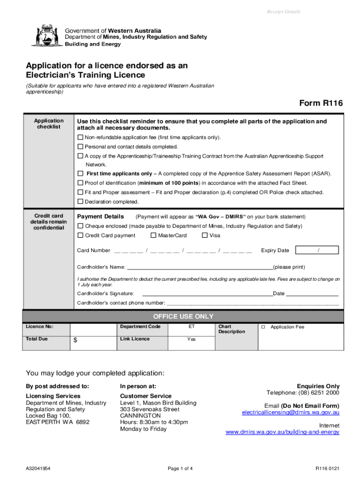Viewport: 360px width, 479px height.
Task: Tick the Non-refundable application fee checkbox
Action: click(80, 138)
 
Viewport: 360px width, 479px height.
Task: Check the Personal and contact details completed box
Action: click(80, 146)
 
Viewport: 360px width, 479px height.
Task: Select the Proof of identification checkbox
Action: click(80, 183)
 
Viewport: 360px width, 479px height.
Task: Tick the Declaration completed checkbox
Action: click(80, 202)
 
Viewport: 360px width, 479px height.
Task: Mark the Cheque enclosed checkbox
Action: click(80, 226)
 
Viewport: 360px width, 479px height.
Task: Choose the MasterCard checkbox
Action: click(153, 235)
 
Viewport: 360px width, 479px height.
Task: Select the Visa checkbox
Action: click(205, 235)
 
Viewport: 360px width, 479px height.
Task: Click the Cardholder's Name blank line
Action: click(200, 268)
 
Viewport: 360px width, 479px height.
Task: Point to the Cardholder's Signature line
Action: click(207, 294)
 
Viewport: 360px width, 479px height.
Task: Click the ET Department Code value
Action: click(191, 327)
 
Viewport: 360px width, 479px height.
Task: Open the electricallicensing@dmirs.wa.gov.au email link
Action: click(290, 413)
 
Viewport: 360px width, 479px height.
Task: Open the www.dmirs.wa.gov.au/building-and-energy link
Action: click(282, 432)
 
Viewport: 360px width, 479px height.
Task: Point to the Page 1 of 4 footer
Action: click(180, 469)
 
